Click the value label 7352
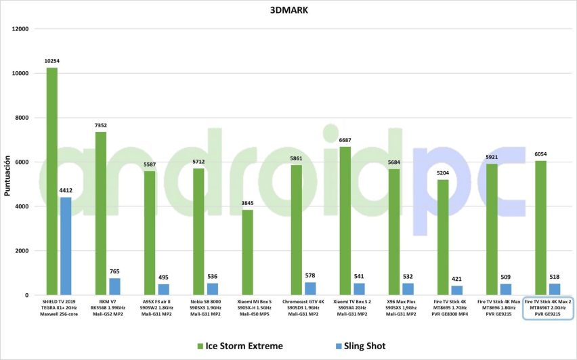tap(100, 125)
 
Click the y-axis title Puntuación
tap(7, 178)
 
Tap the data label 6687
tap(345, 140)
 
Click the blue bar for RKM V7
tap(114, 287)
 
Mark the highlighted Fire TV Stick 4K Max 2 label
tap(548, 308)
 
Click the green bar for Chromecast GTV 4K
tap(296, 230)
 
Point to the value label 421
tap(456, 279)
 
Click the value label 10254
tap(51, 61)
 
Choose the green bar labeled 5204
tap(442, 238)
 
